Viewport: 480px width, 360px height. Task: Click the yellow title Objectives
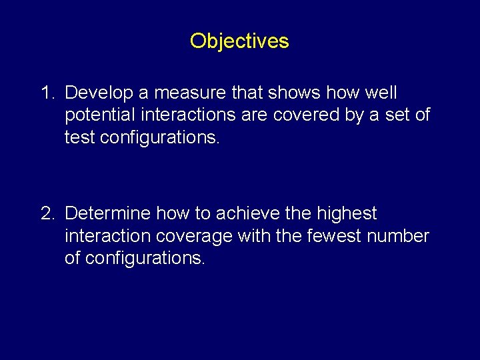click(x=239, y=41)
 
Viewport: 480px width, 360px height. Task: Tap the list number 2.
click(x=48, y=213)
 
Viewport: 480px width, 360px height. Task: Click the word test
click(x=79, y=137)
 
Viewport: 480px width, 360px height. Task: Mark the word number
click(x=402, y=236)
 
